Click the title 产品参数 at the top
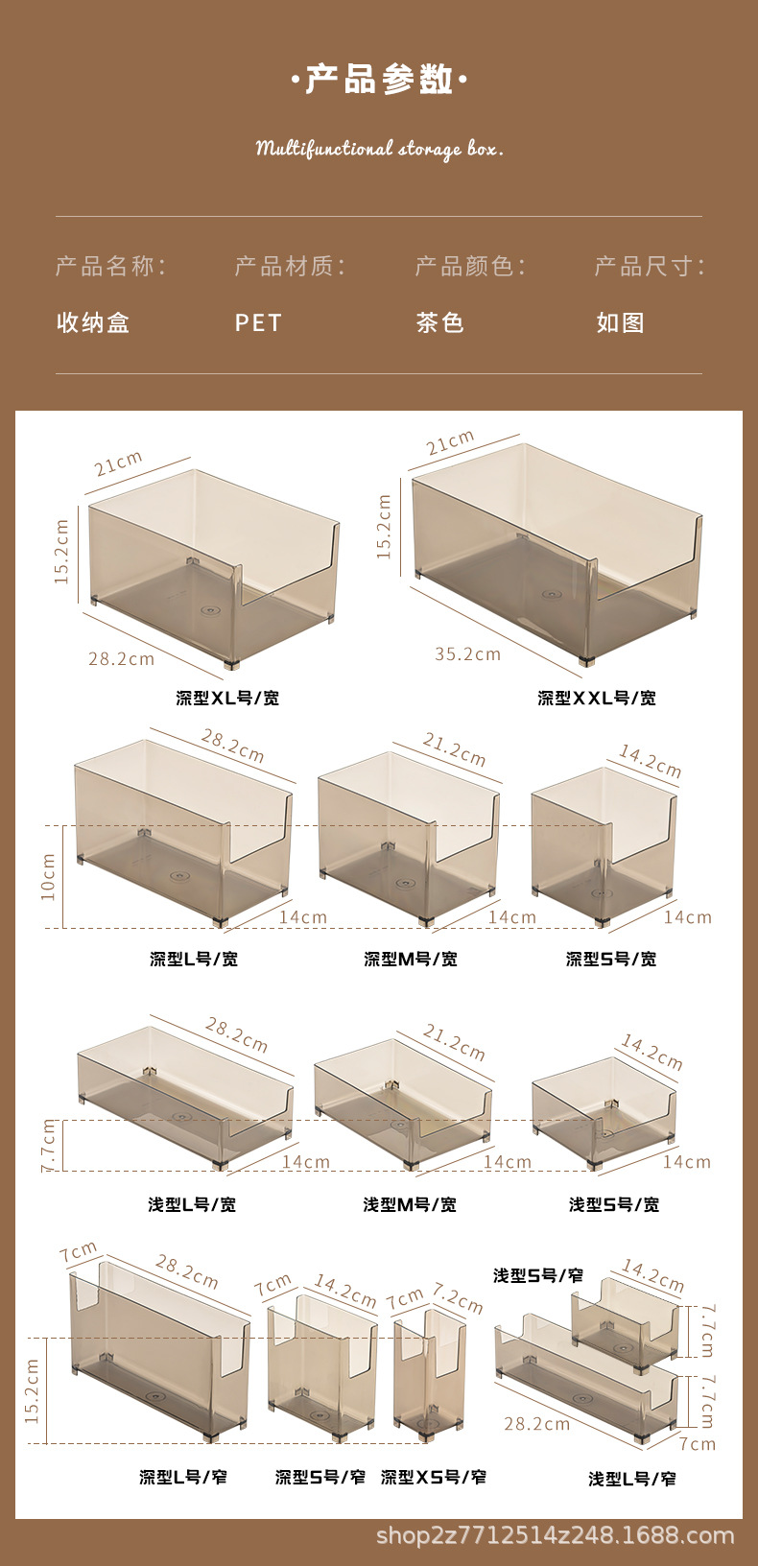pyautogui.click(x=379, y=80)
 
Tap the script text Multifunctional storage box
pyautogui.click(x=379, y=149)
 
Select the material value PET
pyautogui.click(x=258, y=322)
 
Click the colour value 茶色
pyautogui.click(x=439, y=322)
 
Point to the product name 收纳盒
pyautogui.click(x=93, y=322)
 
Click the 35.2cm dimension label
pyautogui.click(x=467, y=654)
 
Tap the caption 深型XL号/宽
pyautogui.click(x=227, y=698)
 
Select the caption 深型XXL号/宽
pyautogui.click(x=597, y=698)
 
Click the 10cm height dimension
pyautogui.click(x=49, y=877)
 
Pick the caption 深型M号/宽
pyautogui.click(x=411, y=959)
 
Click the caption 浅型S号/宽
pyautogui.click(x=614, y=1204)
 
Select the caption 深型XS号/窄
pyautogui.click(x=434, y=1477)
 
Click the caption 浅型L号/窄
pyautogui.click(x=632, y=1479)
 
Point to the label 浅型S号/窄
pyautogui.click(x=538, y=1275)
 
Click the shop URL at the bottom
pyautogui.click(x=555, y=1535)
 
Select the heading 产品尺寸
pyautogui.click(x=649, y=266)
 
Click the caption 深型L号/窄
pyautogui.click(x=183, y=1477)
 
